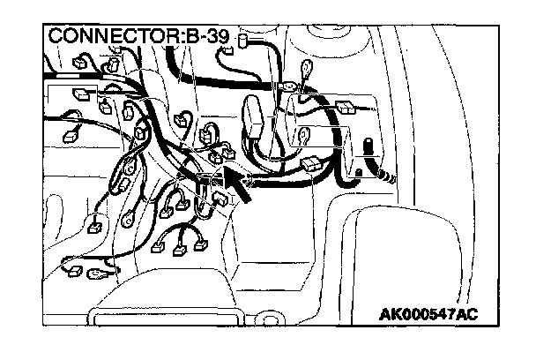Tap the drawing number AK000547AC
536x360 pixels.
pyautogui.click(x=429, y=313)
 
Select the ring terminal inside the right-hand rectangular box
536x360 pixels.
pyautogui.click(x=302, y=134)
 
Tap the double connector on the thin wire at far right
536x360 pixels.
pyautogui.click(x=346, y=108)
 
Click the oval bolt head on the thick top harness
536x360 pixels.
pyautogui.click(x=288, y=87)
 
